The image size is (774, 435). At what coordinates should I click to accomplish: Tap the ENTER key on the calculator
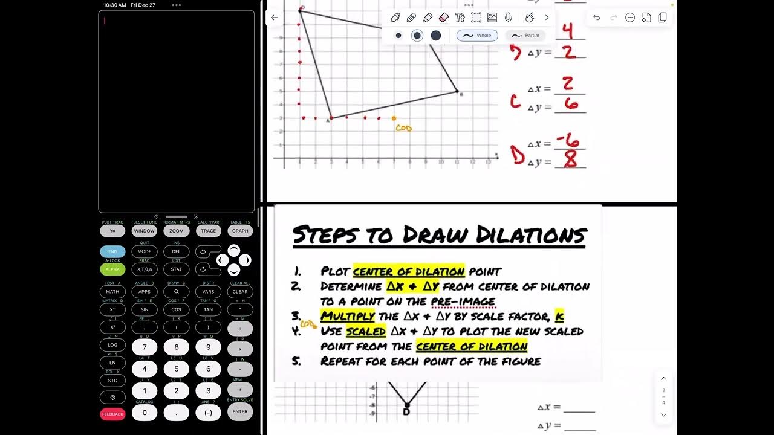pyautogui.click(x=240, y=412)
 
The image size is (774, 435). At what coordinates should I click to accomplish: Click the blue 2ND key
pyautogui.click(x=112, y=251)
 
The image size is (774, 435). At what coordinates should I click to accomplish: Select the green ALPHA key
pyautogui.click(x=112, y=269)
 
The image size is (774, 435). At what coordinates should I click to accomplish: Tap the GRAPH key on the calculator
pyautogui.click(x=240, y=231)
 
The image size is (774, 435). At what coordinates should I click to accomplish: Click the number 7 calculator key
pyautogui.click(x=145, y=347)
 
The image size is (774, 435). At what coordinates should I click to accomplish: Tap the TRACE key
pyautogui.click(x=208, y=231)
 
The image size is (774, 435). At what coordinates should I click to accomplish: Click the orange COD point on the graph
pyautogui.click(x=394, y=118)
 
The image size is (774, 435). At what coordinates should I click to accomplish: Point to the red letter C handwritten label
pyautogui.click(x=515, y=101)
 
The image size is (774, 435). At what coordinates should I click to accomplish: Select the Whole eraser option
pyautogui.click(x=477, y=36)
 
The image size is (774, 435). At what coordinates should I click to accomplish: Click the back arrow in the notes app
pyautogui.click(x=275, y=18)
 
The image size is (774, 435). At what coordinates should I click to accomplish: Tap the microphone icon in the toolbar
pyautogui.click(x=509, y=18)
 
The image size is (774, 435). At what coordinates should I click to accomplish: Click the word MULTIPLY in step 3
pyautogui.click(x=348, y=316)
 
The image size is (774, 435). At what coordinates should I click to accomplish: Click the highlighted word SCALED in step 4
pyautogui.click(x=366, y=331)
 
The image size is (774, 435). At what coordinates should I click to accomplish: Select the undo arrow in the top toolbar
pyautogui.click(x=597, y=18)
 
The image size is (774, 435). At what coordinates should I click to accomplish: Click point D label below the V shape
pyautogui.click(x=406, y=412)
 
